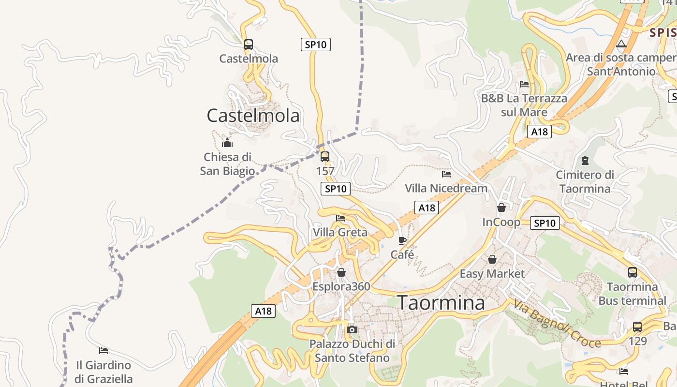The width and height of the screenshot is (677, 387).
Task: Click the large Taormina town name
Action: click(441, 303)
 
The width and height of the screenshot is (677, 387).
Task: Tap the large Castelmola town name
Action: click(253, 116)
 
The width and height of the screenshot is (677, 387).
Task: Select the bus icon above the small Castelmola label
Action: click(249, 45)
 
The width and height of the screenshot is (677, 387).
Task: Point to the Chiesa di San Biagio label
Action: click(227, 164)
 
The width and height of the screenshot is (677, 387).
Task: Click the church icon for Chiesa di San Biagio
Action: click(227, 143)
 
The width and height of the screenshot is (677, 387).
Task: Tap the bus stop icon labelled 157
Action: click(325, 157)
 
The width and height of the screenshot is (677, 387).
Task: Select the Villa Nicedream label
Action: click(446, 188)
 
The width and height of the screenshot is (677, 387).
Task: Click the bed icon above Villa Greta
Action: click(340, 218)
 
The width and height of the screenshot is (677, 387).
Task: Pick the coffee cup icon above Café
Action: click(402, 240)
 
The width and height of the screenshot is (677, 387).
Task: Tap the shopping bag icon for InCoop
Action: click(501, 208)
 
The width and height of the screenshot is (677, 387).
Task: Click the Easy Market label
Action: click(492, 274)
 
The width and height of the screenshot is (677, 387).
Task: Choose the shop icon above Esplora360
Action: click(341, 272)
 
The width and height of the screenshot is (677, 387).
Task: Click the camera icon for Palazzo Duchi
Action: click(352, 330)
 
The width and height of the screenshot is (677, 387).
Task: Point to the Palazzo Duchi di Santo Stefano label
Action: click(352, 351)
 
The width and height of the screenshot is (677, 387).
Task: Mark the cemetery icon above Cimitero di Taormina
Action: click(585, 161)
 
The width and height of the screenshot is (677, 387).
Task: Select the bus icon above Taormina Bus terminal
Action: click(633, 272)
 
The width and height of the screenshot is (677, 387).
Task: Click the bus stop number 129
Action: click(637, 341)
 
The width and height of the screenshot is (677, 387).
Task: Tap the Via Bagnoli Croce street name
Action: click(557, 324)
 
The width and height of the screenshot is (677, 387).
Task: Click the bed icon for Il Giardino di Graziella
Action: click(103, 350)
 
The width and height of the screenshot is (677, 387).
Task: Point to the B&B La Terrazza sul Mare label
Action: click(524, 105)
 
